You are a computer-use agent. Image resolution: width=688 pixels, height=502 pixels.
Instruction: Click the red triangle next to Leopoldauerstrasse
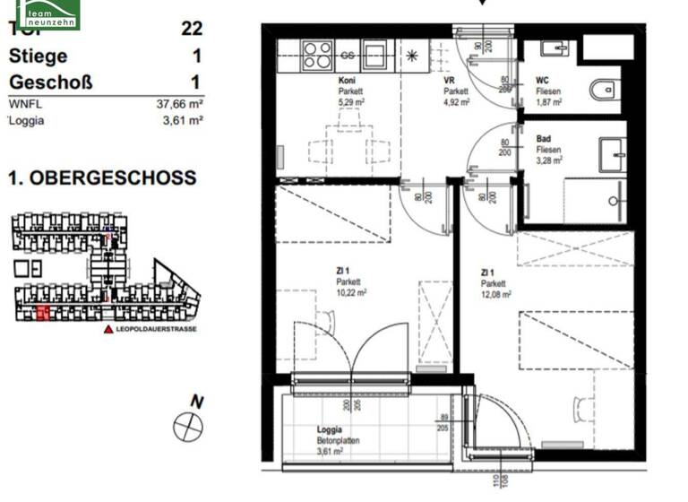[109, 330]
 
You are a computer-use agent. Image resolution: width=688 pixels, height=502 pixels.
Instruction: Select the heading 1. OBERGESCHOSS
[102, 177]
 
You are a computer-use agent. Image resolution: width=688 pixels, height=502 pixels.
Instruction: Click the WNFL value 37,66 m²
[179, 104]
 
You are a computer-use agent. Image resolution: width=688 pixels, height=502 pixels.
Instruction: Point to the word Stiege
[38, 56]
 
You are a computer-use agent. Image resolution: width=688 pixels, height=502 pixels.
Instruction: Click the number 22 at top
[191, 28]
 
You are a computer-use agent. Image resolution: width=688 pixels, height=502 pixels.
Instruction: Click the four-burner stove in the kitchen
[316, 55]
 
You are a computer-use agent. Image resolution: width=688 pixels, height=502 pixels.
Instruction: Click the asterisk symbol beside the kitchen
[412, 56]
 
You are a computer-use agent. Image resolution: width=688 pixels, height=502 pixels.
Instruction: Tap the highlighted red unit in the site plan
[43, 313]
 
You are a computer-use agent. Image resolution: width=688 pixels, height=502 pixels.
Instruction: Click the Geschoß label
[50, 82]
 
